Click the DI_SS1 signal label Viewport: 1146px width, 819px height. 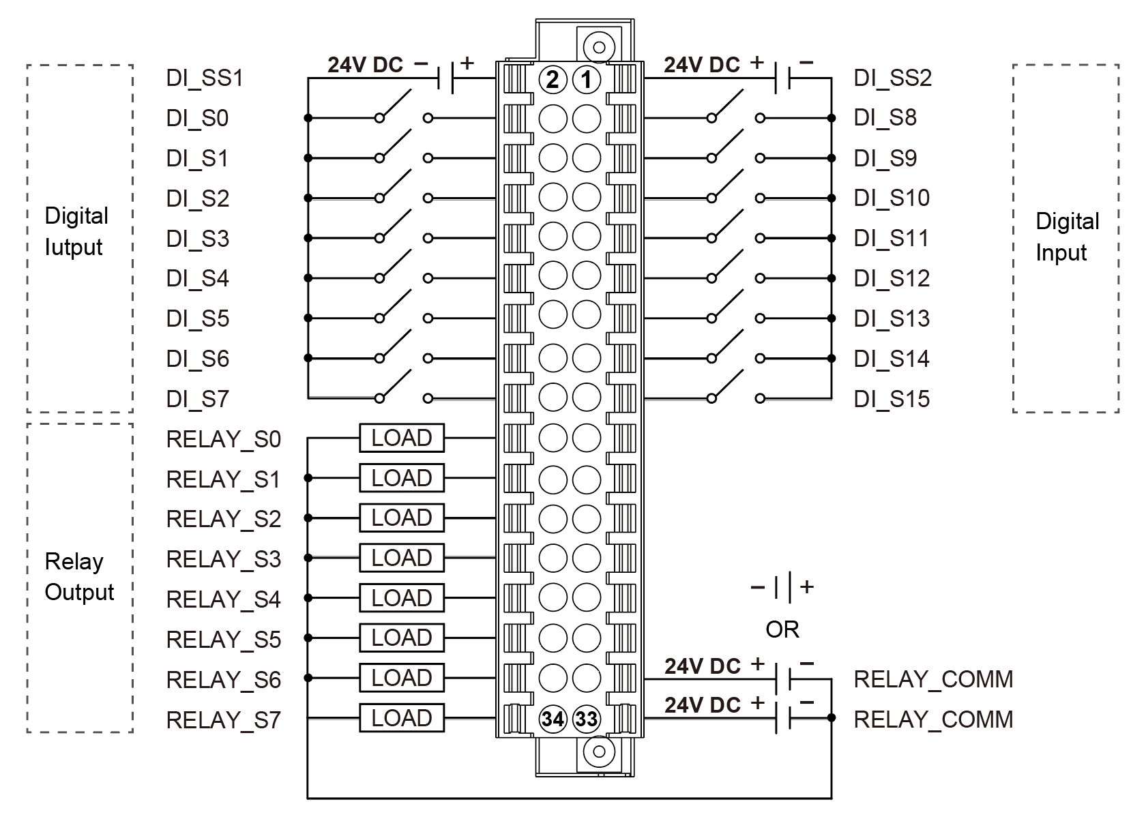tap(204, 78)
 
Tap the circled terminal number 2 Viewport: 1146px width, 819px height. tap(553, 80)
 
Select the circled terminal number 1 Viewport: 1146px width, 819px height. tap(586, 80)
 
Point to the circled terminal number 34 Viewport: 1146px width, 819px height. tap(553, 719)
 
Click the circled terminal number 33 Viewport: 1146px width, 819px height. tap(586, 719)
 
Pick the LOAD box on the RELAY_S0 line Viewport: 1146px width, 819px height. tap(402, 438)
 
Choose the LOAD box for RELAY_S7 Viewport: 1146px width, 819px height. tap(402, 719)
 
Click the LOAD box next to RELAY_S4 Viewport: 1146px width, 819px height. tap(402, 599)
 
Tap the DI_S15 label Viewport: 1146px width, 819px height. tap(892, 399)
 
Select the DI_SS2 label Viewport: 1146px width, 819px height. tap(892, 78)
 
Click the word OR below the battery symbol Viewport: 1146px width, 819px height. tap(782, 629)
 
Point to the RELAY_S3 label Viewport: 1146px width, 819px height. tap(223, 560)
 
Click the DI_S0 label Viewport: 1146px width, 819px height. tap(197, 119)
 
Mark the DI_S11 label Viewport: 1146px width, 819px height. tap(891, 239)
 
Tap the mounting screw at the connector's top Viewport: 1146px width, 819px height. tap(599, 47)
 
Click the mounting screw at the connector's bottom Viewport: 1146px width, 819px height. tap(599, 751)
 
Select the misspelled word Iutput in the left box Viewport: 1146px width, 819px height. tap(74, 247)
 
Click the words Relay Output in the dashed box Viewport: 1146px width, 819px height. tap(79, 577)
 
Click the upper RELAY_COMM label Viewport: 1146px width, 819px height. tap(933, 679)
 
